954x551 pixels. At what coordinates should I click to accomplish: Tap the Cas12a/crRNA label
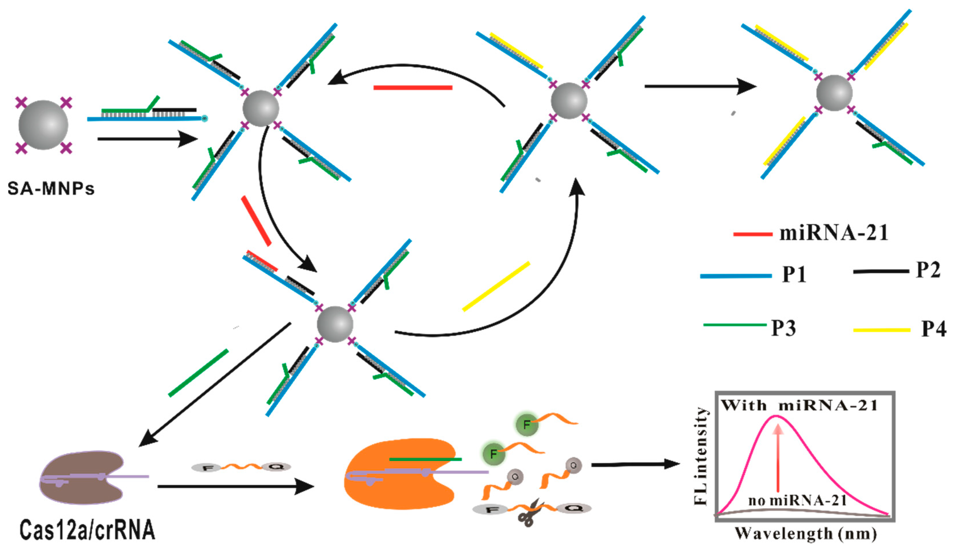point(87,530)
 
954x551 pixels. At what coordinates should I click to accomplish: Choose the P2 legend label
point(928,270)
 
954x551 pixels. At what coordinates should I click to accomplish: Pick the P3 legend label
point(784,328)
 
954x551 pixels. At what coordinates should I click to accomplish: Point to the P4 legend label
point(933,329)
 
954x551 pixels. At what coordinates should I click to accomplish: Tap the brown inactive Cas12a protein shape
point(81,478)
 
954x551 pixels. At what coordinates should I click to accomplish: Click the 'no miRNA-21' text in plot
point(797,501)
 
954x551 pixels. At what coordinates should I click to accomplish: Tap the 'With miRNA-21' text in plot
point(799,406)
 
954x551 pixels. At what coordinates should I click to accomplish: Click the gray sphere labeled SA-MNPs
point(43,125)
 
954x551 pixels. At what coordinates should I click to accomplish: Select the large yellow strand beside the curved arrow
point(496,287)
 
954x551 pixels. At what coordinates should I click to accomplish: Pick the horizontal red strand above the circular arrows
point(413,88)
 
